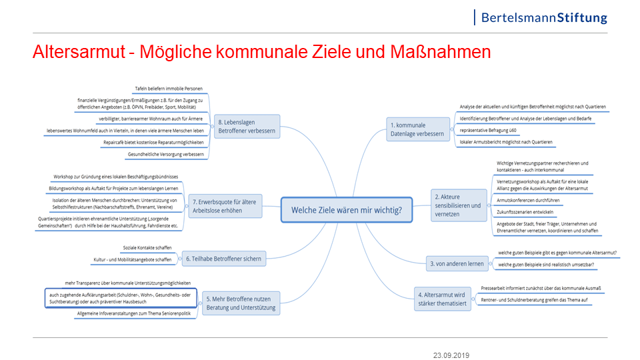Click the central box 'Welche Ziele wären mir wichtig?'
click(x=347, y=210)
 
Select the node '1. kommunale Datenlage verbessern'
click(x=417, y=129)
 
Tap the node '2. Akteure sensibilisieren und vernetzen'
click(x=459, y=205)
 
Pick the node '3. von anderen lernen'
click(x=457, y=264)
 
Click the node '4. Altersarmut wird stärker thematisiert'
click(x=443, y=299)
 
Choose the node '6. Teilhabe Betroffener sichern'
click(x=224, y=259)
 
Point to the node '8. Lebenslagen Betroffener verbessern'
click(x=247, y=127)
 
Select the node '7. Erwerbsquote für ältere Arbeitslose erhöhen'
click(x=225, y=206)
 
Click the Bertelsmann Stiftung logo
click(x=541, y=17)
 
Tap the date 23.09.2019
click(x=451, y=355)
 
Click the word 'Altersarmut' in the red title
click(x=79, y=52)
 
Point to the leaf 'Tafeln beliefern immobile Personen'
click(x=169, y=89)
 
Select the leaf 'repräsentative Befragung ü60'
click(x=488, y=130)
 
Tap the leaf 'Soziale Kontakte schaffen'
click(x=147, y=248)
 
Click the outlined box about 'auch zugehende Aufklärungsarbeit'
click(x=121, y=298)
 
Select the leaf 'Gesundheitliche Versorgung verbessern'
click(x=166, y=154)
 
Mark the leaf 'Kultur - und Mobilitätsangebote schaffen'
click(x=133, y=259)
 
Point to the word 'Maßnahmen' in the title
click(x=441, y=52)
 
